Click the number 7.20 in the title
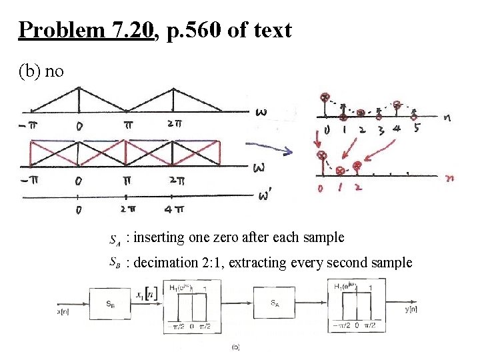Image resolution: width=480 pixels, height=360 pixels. tap(132, 30)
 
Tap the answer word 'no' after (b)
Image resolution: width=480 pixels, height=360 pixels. tap(54, 70)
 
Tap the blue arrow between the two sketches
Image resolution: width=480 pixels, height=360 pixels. tap(269, 150)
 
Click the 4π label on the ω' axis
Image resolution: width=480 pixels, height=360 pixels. tap(175, 210)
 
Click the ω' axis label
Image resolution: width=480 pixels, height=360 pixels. tap(265, 195)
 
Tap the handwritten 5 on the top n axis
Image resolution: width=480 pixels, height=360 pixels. tap(416, 129)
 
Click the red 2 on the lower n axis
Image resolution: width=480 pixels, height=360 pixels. tap(358, 187)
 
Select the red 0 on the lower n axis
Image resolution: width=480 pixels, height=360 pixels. tap(321, 188)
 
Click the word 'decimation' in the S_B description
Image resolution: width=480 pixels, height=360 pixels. tap(163, 263)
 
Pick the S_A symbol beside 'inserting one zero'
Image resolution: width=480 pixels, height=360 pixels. tap(114, 238)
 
